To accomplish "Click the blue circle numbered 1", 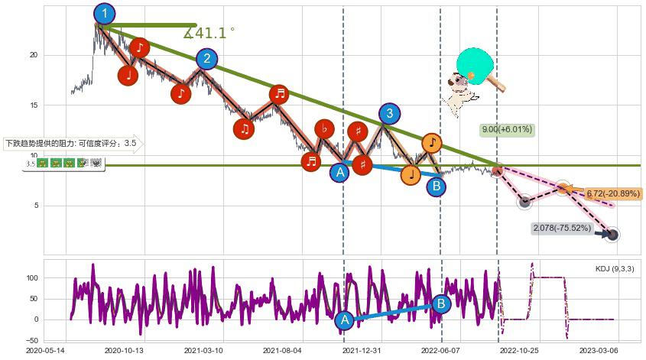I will (104, 14).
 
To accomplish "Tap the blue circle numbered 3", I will (390, 114).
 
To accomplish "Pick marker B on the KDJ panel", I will (441, 303).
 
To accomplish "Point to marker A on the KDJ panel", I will (344, 320).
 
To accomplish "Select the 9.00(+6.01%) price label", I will (506, 129).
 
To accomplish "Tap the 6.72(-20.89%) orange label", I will (612, 193).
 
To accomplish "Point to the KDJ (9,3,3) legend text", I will (614, 269).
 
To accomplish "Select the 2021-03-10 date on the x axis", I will (203, 350).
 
